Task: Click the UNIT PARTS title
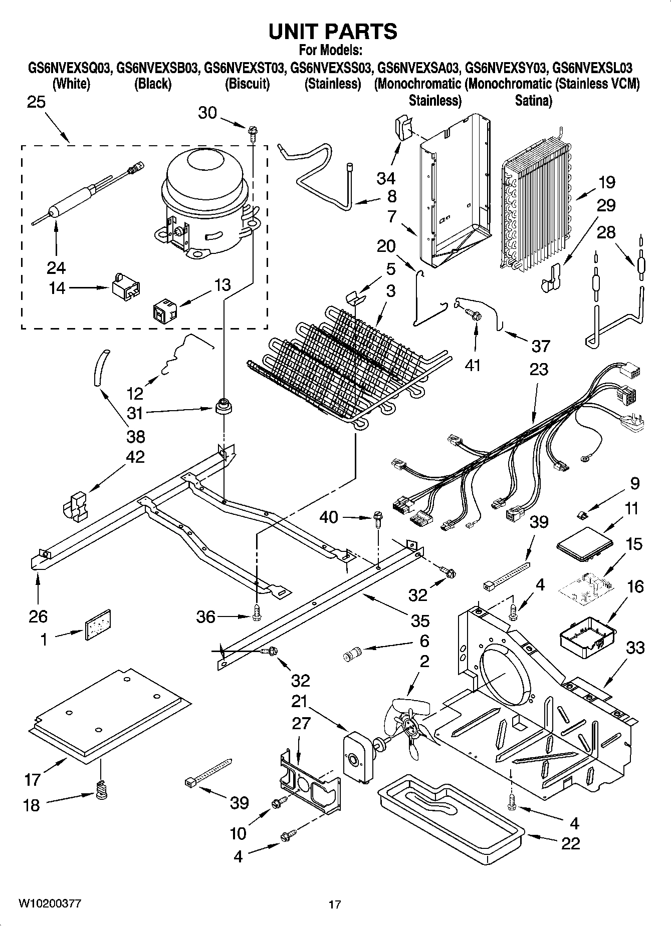click(x=333, y=32)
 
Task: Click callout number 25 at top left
click(x=36, y=102)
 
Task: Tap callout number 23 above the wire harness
click(x=538, y=369)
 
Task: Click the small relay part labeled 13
click(x=162, y=312)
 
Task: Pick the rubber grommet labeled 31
click(x=223, y=407)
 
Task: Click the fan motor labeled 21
click(x=357, y=757)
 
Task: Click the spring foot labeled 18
click(x=102, y=790)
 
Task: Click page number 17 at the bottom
click(x=335, y=904)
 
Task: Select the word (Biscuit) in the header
click(x=248, y=84)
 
